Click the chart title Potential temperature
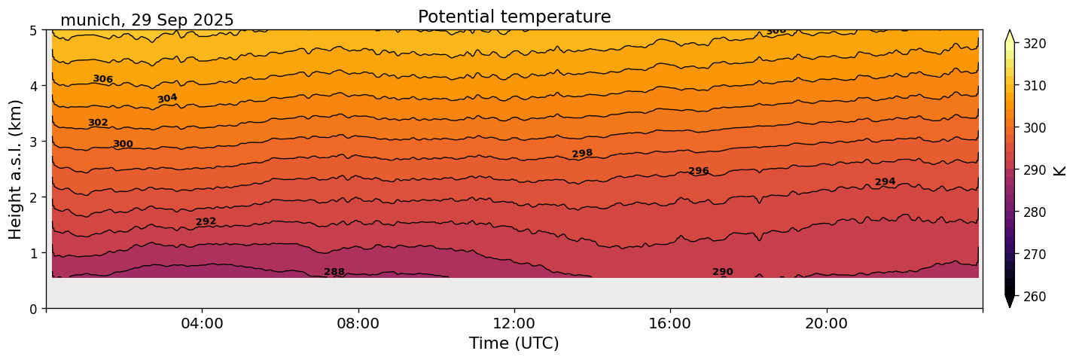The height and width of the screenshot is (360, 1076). pos(514,17)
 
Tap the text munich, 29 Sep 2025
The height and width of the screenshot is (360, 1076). pos(147,20)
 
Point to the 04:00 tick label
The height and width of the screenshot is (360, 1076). pos(203,324)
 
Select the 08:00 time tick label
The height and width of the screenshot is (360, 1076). pos(358,324)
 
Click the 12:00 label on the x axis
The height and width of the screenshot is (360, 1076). pos(514,324)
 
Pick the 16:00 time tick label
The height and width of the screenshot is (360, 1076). pos(670,324)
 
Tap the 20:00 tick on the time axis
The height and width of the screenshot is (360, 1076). pos(827,324)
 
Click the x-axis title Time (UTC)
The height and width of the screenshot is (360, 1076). pos(514,343)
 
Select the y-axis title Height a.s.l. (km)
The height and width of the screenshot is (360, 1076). pos(16,169)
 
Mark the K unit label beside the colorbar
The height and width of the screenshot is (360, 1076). pos(1060,170)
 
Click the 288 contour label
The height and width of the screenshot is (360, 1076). pos(334,272)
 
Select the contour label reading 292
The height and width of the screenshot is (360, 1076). pos(206,221)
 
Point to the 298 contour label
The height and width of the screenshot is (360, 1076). pos(582,154)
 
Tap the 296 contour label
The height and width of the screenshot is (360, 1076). pos(699,171)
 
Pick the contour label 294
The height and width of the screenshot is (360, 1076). pos(885,182)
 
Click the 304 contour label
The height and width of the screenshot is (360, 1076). pos(167,99)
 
